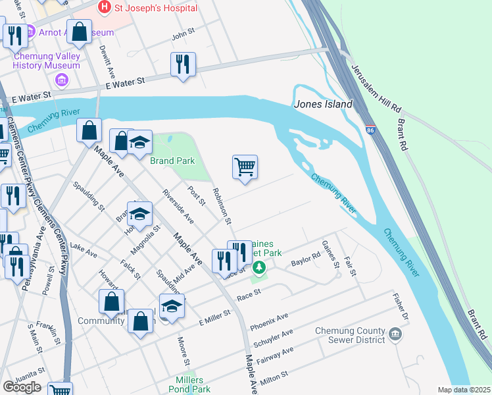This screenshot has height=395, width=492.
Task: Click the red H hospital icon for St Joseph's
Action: [x=104, y=7]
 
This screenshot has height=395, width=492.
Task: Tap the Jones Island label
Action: [x=323, y=104]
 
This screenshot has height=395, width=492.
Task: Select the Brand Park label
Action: [x=172, y=161]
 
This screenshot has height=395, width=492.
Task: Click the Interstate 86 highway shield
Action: [x=371, y=130]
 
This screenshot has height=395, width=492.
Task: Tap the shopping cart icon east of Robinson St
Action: [x=245, y=167]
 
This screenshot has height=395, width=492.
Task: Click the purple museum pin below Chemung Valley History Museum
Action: [x=62, y=80]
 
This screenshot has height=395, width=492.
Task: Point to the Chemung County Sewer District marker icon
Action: [x=395, y=334]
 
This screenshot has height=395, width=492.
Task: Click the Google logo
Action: [x=22, y=387]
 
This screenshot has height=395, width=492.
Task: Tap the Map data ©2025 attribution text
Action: [x=464, y=390]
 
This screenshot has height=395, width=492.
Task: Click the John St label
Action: [x=184, y=38]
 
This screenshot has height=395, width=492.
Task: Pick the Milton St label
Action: [x=275, y=376]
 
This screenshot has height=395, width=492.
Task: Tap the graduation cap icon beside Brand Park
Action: [x=139, y=143]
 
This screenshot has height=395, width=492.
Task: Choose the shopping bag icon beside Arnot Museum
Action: [x=79, y=32]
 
